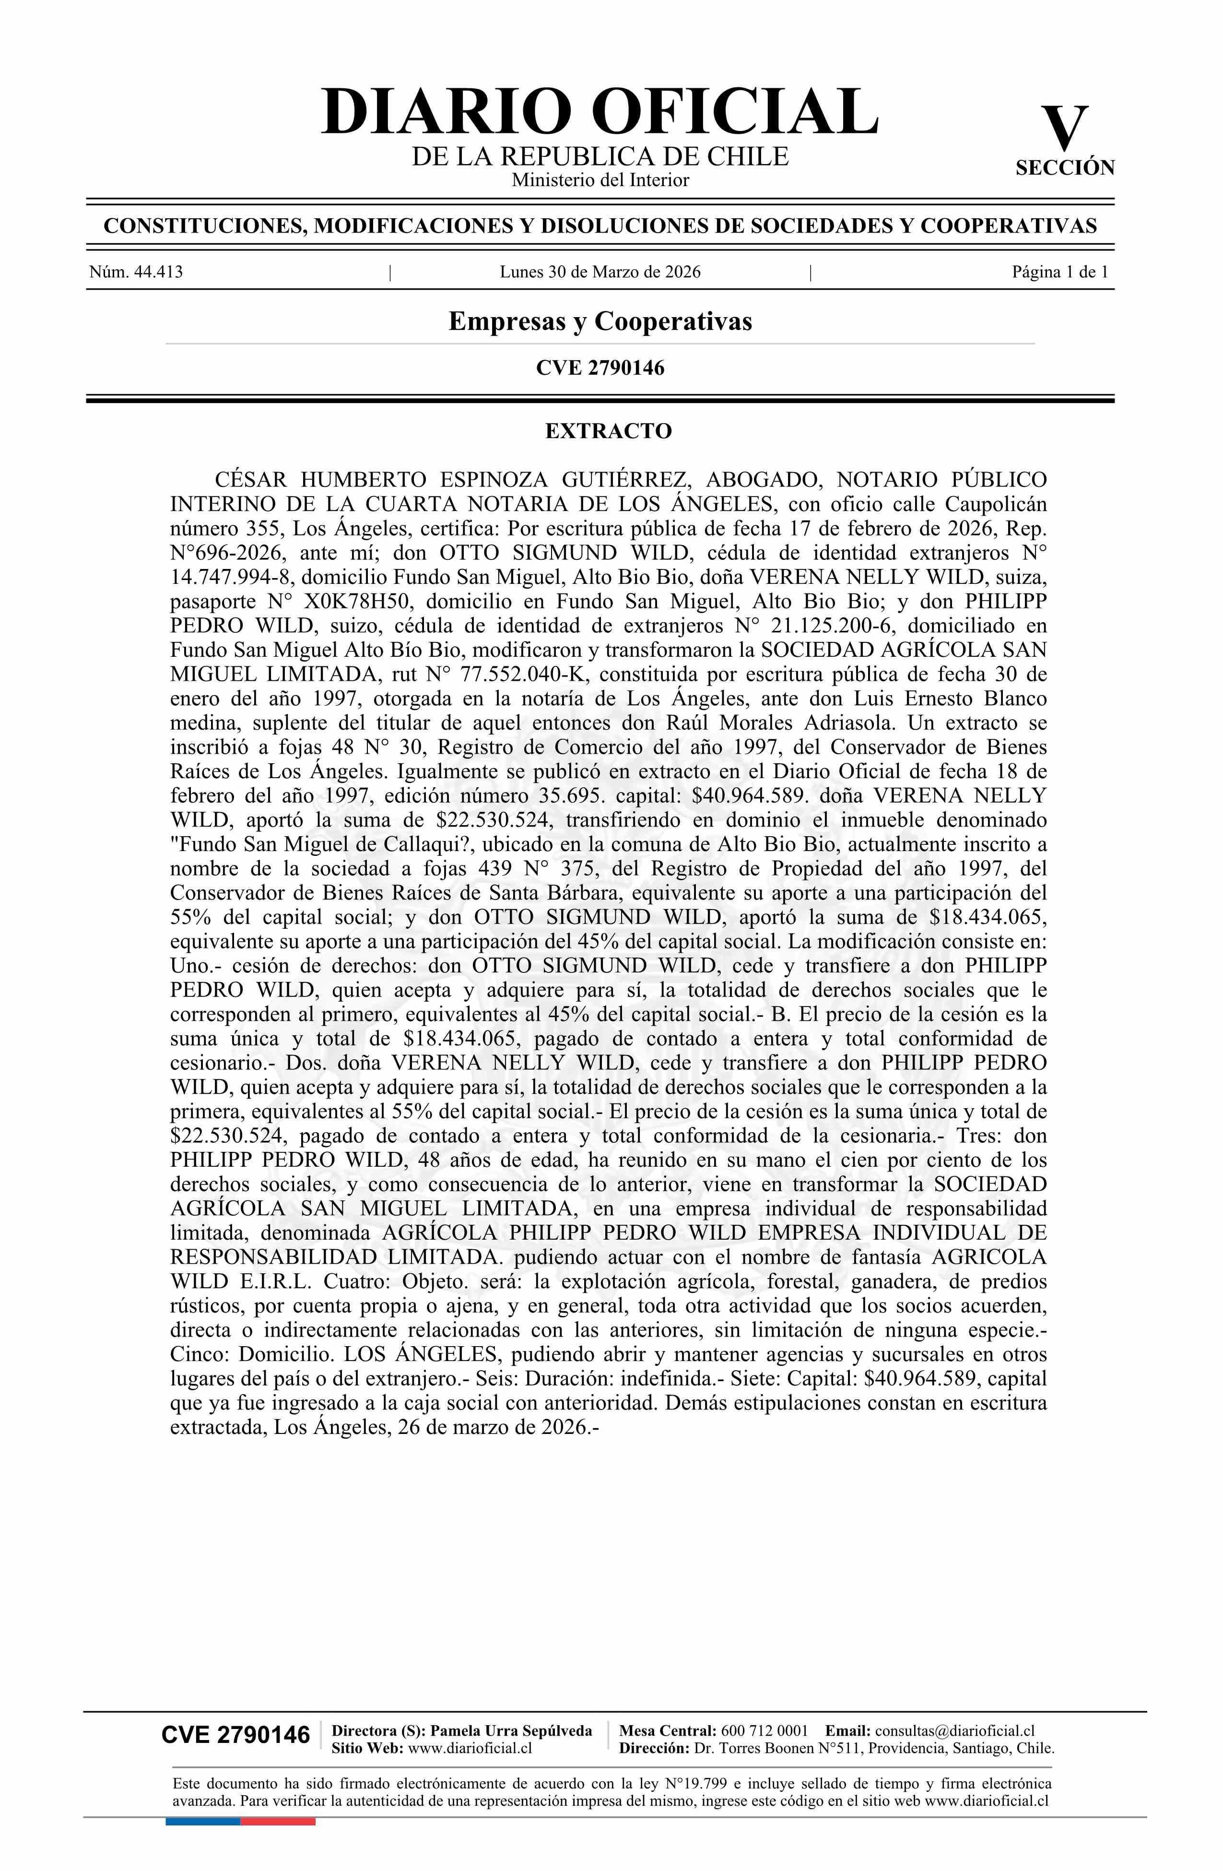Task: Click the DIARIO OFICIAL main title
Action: [x=600, y=112]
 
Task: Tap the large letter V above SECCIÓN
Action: [x=1064, y=128]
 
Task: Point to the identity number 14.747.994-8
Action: [x=227, y=577]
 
